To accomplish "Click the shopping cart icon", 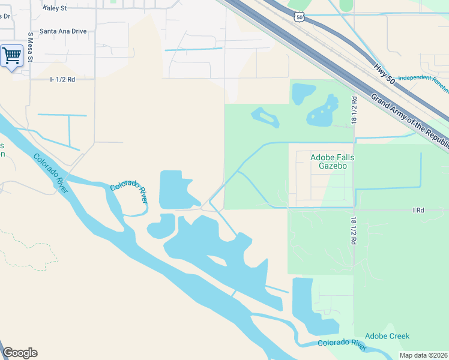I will (x=11, y=56).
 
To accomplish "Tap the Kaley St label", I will (x=55, y=8).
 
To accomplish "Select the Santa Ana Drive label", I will (x=63, y=31).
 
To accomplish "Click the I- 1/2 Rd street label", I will (x=62, y=79).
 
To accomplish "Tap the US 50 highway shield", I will (x=300, y=17).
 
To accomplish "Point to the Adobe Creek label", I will (x=387, y=336).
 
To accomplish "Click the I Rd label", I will (x=418, y=210).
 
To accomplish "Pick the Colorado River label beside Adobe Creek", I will (x=342, y=344).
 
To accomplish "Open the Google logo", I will (x=20, y=353).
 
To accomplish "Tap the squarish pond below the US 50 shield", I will (x=303, y=94).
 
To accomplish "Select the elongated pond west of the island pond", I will (x=265, y=117).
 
